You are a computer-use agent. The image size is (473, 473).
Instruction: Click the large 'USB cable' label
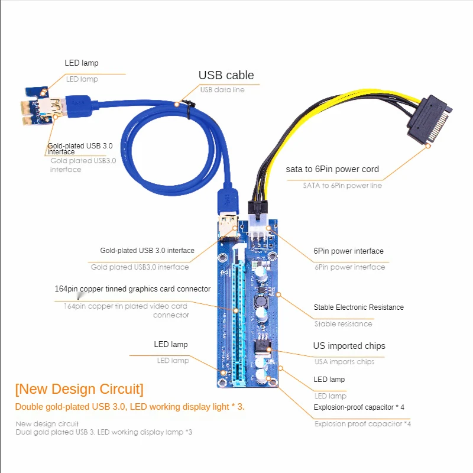[x=226, y=75]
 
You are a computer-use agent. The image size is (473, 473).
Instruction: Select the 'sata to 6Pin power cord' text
[x=332, y=169]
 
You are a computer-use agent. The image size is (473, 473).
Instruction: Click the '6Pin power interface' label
[x=348, y=251]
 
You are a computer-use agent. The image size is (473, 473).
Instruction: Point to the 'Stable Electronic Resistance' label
[x=358, y=307]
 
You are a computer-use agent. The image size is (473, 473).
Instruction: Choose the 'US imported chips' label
[x=349, y=346]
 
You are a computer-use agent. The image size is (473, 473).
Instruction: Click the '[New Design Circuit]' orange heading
[x=79, y=390]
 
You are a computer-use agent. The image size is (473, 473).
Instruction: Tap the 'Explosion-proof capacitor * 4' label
[x=359, y=407]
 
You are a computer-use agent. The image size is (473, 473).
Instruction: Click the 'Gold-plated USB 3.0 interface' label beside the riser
[x=147, y=251]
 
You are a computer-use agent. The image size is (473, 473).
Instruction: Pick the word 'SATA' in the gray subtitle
[x=311, y=186]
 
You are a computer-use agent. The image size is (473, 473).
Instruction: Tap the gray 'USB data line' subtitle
[x=222, y=90]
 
